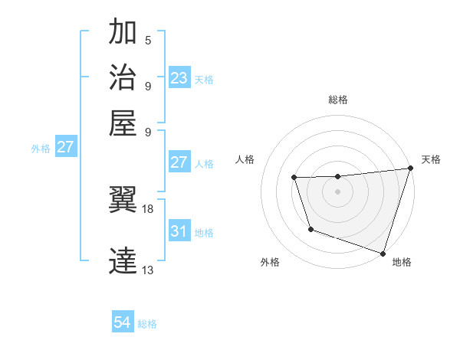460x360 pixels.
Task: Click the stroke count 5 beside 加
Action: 148,41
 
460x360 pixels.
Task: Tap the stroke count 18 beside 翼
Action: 148,208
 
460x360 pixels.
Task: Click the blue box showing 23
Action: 179,78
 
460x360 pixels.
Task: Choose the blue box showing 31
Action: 179,231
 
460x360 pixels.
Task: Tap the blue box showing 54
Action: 123,323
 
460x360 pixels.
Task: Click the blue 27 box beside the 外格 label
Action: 65,147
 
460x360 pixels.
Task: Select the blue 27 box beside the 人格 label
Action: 179,162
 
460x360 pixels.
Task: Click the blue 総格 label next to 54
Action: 147,324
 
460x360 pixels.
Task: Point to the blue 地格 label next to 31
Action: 204,232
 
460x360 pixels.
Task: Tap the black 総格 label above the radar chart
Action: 338,100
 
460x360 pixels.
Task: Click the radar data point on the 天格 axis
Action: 410,169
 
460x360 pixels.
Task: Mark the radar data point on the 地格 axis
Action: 383,253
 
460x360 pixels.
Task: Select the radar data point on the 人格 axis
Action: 294,178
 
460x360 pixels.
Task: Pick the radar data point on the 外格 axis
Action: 310,229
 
